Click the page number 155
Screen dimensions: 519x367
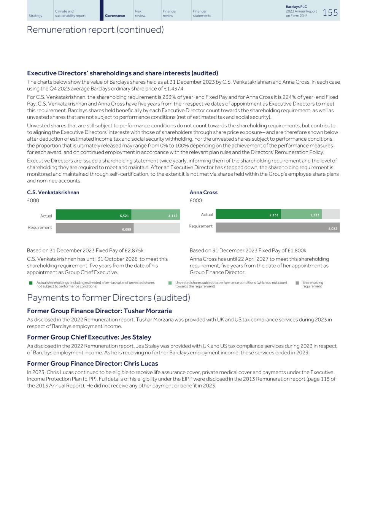330,13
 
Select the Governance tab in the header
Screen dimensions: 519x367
115,16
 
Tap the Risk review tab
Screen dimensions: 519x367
140,13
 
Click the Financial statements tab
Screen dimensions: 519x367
202,13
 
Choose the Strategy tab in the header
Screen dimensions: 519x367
35,16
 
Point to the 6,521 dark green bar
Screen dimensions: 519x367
94,215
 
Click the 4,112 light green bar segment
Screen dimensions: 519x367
156,215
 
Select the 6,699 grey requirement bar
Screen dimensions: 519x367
95,228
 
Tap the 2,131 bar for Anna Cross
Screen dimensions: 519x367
248,214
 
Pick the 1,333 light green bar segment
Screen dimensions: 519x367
301,214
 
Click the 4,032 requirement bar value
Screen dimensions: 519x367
333,229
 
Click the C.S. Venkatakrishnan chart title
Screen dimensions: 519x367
53,192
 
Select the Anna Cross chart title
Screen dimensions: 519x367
203,192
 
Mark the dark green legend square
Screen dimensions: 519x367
31,283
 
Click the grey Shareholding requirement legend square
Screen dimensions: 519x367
297,283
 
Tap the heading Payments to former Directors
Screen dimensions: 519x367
108,298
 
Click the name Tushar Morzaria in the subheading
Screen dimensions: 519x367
148,311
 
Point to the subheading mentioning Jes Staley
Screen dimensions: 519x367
89,337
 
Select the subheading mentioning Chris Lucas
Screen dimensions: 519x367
92,363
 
